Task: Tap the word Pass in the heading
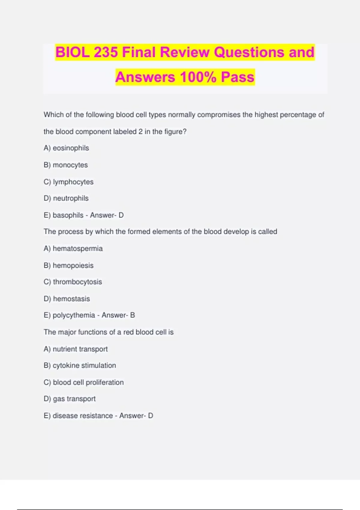[x=238, y=77]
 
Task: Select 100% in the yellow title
[x=198, y=77]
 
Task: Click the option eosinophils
[x=71, y=148]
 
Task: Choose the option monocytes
[x=70, y=165]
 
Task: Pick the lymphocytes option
[x=73, y=182]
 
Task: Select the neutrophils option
[x=71, y=198]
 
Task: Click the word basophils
[x=68, y=215]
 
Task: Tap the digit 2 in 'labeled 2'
[x=140, y=132]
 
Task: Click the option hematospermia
[x=78, y=249]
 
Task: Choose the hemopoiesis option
[x=73, y=265]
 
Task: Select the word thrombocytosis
[x=77, y=282]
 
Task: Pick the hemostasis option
[x=71, y=299]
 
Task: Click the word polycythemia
[x=74, y=315]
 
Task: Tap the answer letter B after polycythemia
[x=133, y=315]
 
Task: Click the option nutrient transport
[x=80, y=349]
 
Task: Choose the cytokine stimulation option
[x=84, y=365]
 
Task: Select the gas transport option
[x=74, y=399]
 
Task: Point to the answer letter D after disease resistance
[x=151, y=416]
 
